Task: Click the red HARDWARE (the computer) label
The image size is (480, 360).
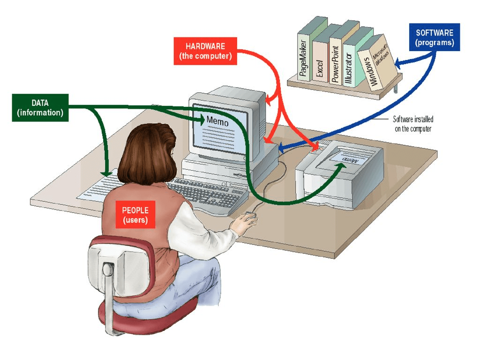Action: (x=205, y=51)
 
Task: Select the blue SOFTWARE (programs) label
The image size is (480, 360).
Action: (x=435, y=37)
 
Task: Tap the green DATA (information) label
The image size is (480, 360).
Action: (x=40, y=108)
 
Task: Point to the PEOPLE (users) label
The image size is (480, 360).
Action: (x=135, y=215)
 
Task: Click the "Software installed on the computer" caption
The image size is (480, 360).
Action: (x=412, y=124)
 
